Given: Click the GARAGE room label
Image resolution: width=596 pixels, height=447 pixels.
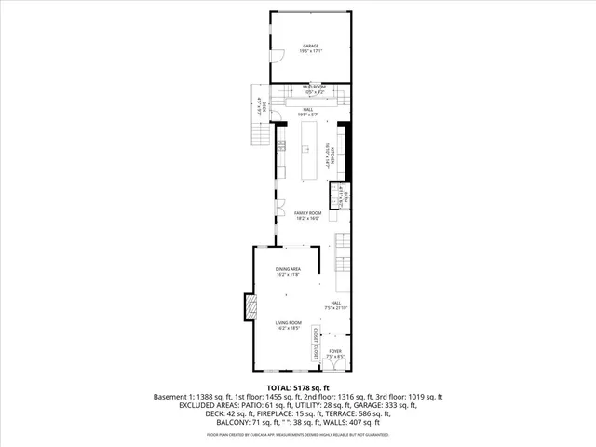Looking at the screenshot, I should (311, 47).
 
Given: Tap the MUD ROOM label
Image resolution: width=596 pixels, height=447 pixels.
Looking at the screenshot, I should (313, 87).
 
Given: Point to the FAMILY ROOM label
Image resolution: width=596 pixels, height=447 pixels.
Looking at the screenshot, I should (308, 214).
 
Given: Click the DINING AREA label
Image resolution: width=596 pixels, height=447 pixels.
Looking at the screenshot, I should (288, 269).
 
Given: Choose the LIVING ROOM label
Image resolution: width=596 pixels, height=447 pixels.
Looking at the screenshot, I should (288, 323).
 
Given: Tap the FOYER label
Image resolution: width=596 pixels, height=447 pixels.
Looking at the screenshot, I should (334, 352).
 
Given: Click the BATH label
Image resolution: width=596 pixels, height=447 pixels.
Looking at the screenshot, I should (342, 196).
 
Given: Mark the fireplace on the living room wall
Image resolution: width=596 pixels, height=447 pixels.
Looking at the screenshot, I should (249, 307).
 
